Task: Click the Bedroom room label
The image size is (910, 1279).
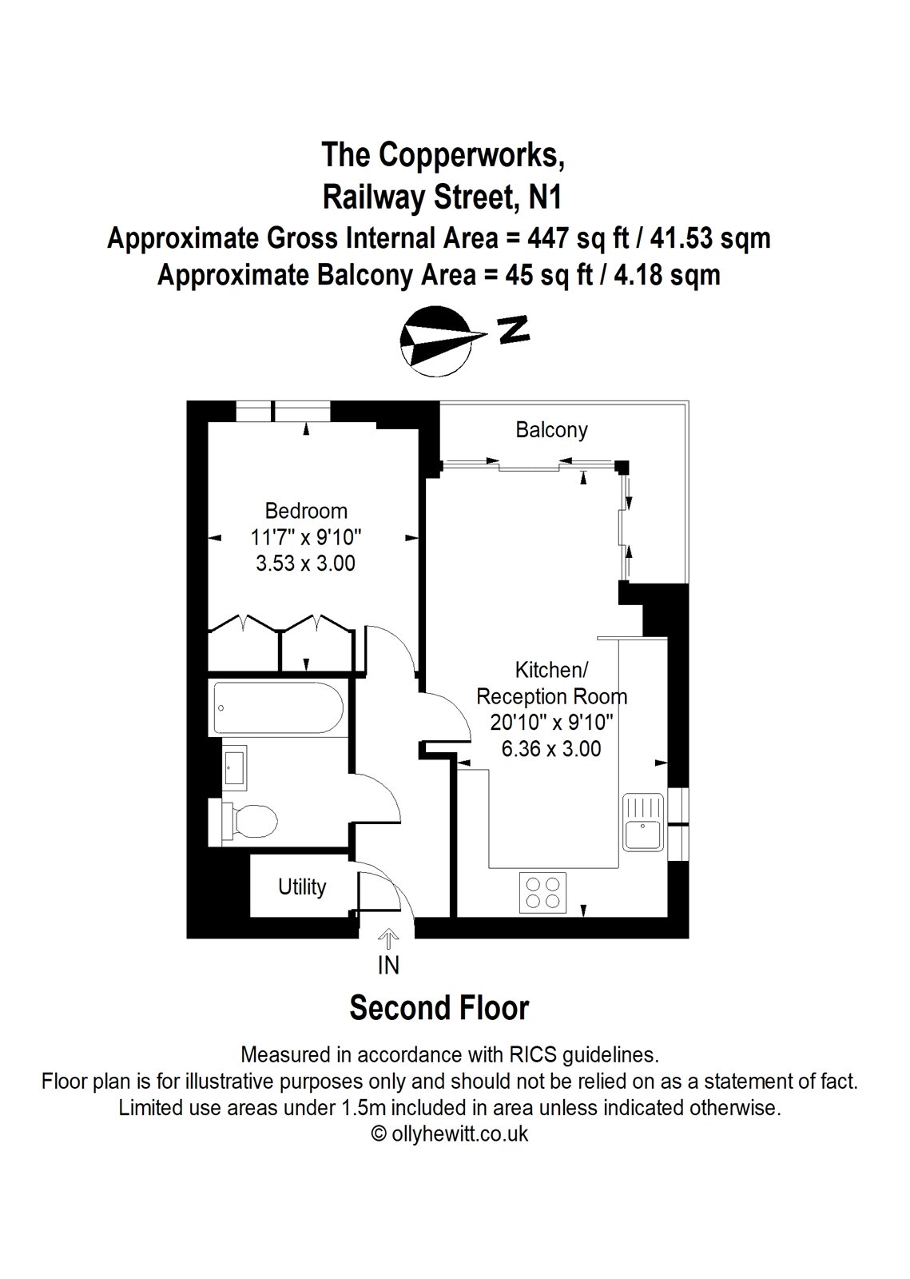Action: [306, 510]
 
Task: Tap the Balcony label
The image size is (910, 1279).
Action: [551, 430]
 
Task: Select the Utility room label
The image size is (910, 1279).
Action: [302, 887]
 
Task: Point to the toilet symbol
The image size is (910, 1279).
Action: [249, 821]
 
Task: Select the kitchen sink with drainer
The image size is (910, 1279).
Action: [644, 823]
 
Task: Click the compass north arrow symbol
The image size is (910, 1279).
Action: [439, 339]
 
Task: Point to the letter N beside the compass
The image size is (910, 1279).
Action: [514, 329]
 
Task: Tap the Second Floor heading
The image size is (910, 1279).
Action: [439, 1008]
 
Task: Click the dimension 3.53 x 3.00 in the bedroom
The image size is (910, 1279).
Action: [305, 563]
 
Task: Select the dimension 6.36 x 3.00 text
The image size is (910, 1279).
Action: [551, 749]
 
